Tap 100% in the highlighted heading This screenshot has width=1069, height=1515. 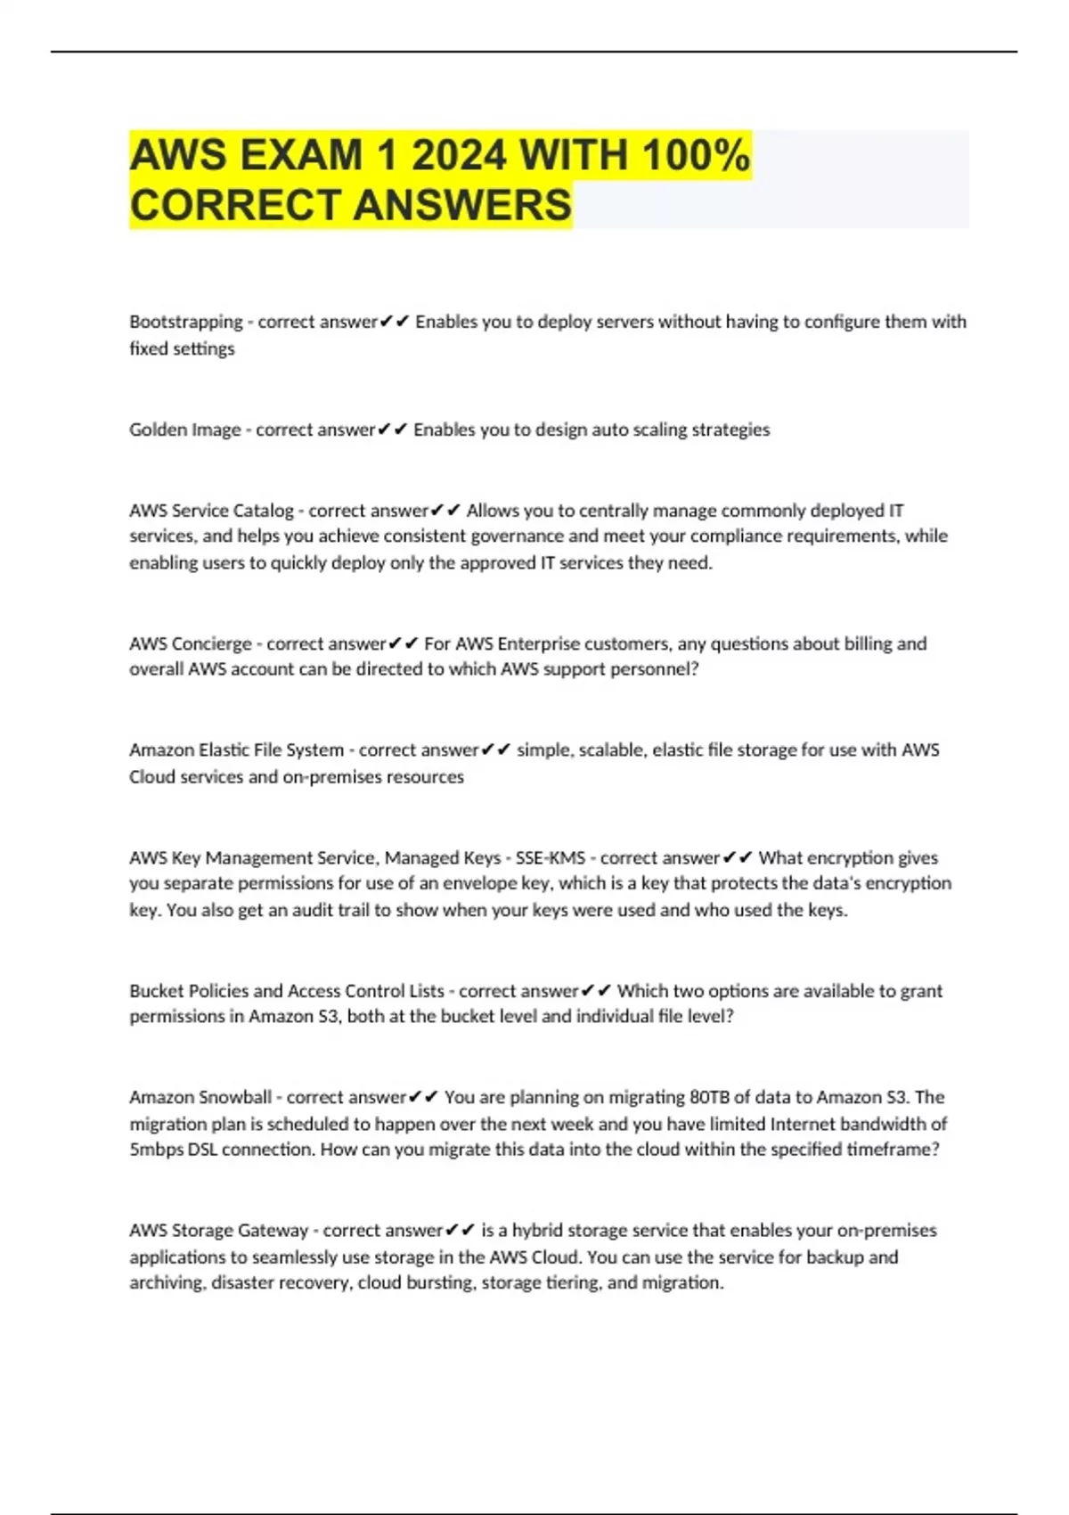click(696, 155)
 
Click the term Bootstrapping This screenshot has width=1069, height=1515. click(185, 322)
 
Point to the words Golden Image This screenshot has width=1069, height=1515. click(184, 430)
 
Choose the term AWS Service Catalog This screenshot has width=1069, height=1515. click(211, 511)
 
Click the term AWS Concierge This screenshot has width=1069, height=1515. click(190, 643)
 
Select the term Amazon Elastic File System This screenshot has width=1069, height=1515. click(236, 750)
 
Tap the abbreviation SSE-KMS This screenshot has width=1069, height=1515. click(551, 858)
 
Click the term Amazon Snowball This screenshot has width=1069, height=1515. click(200, 1097)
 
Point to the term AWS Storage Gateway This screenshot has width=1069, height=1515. click(218, 1231)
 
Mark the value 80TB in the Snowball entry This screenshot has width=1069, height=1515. click(709, 1097)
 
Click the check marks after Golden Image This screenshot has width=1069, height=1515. click(392, 430)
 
